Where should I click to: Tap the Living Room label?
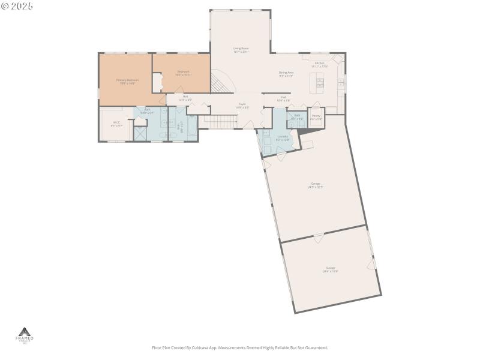point(241,50)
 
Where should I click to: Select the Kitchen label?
point(320,64)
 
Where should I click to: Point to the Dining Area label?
point(286,74)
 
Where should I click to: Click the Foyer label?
point(242,105)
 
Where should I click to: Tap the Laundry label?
point(282,137)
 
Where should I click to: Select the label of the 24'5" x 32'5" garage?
point(316,185)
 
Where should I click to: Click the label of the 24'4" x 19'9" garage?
point(331,269)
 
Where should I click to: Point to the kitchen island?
point(313,82)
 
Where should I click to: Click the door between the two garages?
point(319,239)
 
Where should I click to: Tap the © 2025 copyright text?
point(17,6)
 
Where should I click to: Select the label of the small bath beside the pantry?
point(297,116)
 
